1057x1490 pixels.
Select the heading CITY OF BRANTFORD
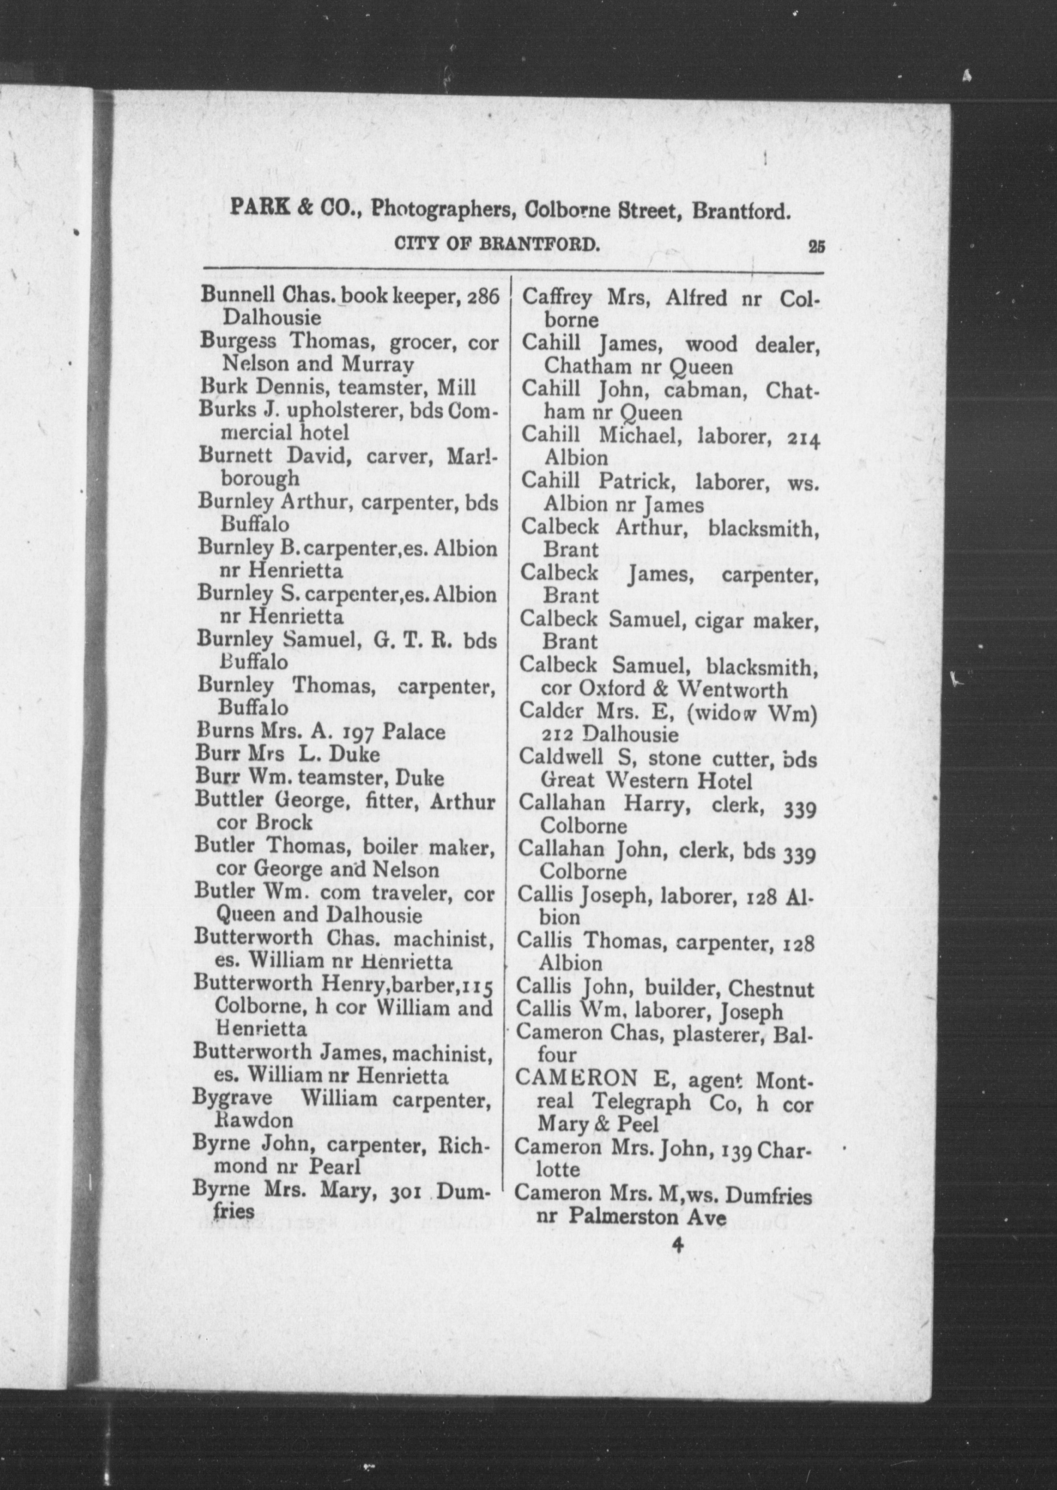[497, 245]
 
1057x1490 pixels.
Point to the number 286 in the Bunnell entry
[483, 296]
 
